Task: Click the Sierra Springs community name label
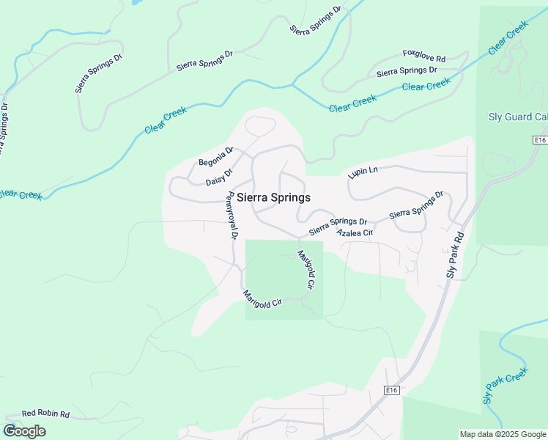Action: (x=273, y=198)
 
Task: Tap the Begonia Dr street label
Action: (x=215, y=157)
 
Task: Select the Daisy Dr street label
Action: (x=218, y=177)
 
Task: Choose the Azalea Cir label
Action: (x=355, y=232)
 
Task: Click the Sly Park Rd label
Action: (x=455, y=254)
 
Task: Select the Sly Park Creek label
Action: (x=506, y=386)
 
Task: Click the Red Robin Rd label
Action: (x=45, y=414)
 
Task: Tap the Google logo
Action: (x=24, y=431)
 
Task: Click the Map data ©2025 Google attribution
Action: (x=502, y=434)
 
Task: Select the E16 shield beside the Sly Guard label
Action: (x=540, y=140)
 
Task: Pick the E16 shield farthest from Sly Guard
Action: (x=392, y=391)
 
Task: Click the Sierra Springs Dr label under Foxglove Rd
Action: (x=407, y=71)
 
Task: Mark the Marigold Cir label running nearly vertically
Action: (x=306, y=269)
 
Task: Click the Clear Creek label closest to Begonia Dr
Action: (x=166, y=120)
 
